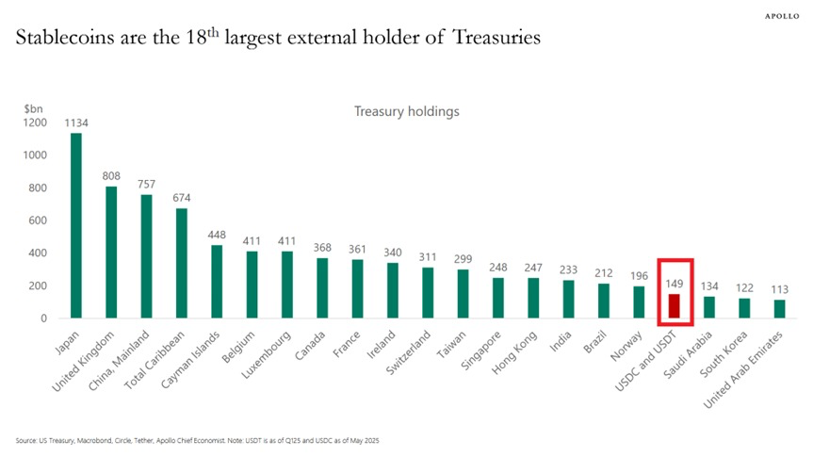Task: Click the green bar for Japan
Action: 76,226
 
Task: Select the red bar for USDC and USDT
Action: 675,306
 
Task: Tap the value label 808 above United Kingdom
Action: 111,175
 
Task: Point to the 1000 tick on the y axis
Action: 35,155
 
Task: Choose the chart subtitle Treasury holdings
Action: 406,111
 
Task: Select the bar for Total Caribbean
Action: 182,263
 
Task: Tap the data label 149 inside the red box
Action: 675,283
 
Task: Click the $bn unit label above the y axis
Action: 33,109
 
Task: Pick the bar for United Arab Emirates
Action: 779,309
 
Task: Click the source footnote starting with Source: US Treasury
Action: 198,440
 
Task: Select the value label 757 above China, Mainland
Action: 147,184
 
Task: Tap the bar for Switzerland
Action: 428,293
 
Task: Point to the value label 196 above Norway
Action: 640,275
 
